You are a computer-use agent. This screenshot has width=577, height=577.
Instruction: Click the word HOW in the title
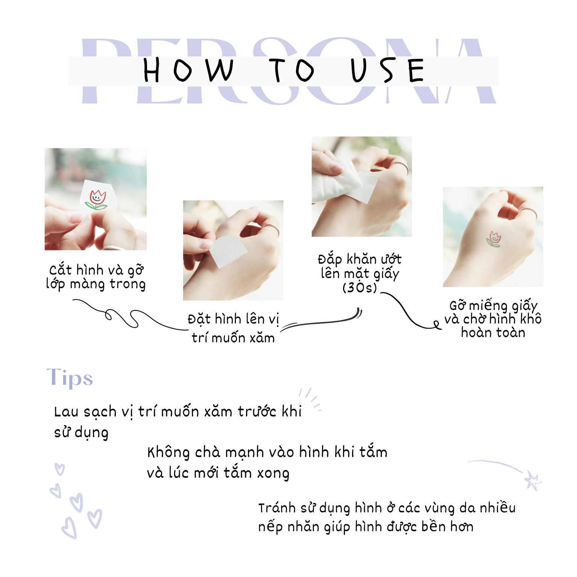point(188,70)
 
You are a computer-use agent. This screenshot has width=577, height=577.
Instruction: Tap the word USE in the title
point(387,70)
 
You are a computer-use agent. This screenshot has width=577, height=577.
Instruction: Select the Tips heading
point(70,378)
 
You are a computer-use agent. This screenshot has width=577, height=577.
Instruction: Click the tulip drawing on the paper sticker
point(97,199)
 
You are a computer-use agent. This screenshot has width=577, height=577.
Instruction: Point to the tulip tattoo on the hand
point(494,240)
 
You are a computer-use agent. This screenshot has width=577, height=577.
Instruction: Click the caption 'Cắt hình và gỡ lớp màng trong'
point(96,277)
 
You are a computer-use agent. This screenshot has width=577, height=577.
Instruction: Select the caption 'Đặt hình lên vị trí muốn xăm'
point(233,328)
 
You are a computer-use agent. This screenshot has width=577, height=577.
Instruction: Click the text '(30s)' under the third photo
point(359,288)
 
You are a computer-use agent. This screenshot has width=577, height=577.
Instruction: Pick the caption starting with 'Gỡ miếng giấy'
point(493,319)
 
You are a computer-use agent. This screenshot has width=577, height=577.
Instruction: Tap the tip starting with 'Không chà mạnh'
point(267,462)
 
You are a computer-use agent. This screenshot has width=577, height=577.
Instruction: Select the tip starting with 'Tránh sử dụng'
point(387,517)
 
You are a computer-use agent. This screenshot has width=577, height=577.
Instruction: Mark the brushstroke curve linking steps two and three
point(323,322)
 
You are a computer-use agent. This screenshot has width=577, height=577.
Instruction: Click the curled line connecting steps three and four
point(410,312)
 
